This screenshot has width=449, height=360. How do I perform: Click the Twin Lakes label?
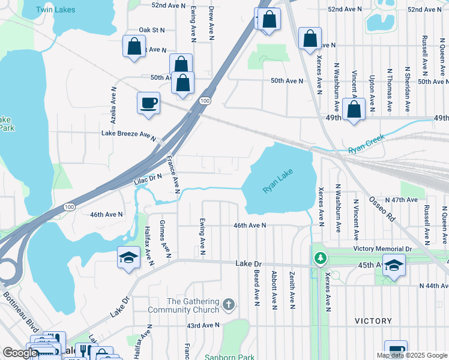tap(56, 10)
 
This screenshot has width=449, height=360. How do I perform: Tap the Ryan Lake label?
tap(278, 182)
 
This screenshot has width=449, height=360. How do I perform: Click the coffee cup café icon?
tap(148, 103)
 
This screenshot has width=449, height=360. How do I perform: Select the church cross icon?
tap(228, 305)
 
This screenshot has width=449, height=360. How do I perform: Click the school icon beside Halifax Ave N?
tap(128, 258)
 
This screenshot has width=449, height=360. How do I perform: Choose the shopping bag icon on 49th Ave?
tap(355, 110)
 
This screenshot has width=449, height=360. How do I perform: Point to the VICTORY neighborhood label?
tap(373, 321)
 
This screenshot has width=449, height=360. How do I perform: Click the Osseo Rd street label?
tap(381, 209)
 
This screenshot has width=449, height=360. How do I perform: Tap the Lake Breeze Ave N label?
tap(128, 134)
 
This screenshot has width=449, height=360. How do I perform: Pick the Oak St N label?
tap(151, 29)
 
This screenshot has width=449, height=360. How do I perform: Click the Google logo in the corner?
tap(20, 352)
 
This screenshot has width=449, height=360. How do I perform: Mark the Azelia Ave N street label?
tap(112, 103)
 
